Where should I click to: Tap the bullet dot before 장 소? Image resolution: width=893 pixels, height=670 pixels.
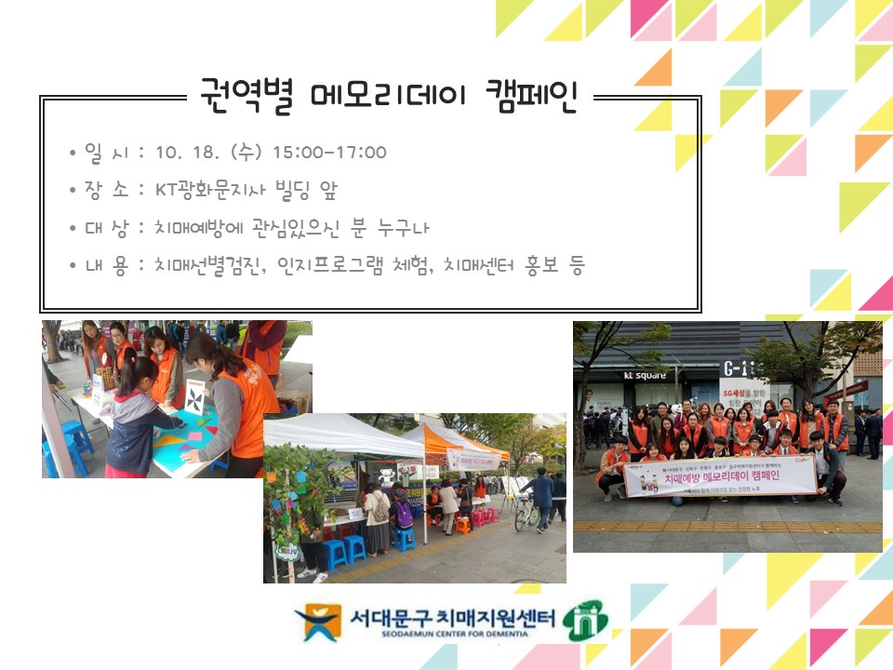coord(73,192)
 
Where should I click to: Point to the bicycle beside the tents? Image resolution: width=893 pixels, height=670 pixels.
coord(526,511)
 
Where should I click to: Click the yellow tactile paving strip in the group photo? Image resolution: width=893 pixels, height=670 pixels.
coord(726,527)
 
